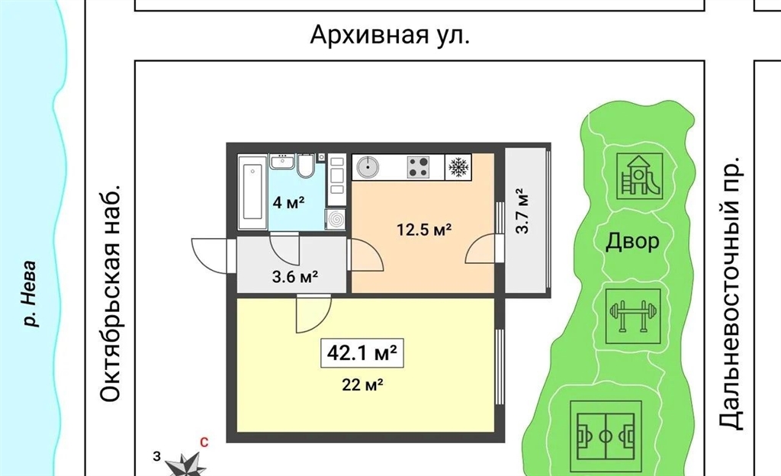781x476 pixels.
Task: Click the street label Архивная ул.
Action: [x=390, y=35]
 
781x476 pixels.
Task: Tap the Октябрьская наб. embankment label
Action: [x=110, y=294]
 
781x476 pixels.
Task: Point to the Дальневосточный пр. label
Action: [x=731, y=293]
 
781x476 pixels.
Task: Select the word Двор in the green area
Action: [x=632, y=242]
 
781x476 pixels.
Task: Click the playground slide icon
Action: [x=640, y=175]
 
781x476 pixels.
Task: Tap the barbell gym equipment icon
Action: [x=632, y=316]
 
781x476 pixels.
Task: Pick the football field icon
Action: [x=605, y=437]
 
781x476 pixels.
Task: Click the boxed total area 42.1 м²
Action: [x=362, y=353]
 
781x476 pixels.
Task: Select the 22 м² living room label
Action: [x=362, y=384]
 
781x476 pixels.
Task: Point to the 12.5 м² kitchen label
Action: [x=424, y=230]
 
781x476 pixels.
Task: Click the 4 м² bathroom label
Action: [x=288, y=202]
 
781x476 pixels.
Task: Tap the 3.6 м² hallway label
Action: [x=295, y=276]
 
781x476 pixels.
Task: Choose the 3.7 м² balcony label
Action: [x=522, y=211]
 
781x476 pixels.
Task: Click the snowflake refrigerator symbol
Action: [x=458, y=167]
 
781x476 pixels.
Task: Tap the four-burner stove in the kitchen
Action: [x=418, y=167]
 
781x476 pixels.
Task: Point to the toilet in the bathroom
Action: [x=305, y=166]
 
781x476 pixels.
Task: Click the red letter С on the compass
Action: [x=204, y=442]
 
